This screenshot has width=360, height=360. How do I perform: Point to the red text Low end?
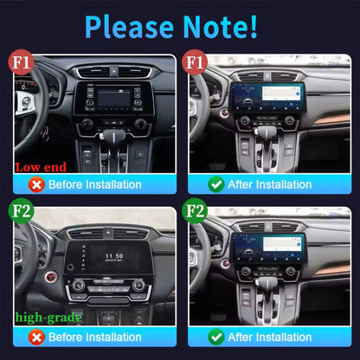coord(42,165)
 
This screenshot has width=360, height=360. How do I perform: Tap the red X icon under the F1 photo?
coord(35,184)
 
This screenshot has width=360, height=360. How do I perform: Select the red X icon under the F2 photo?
coord(35,337)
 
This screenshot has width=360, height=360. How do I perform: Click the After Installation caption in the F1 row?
coord(271,184)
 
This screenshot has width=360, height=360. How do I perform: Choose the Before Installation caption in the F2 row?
coord(94,337)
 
